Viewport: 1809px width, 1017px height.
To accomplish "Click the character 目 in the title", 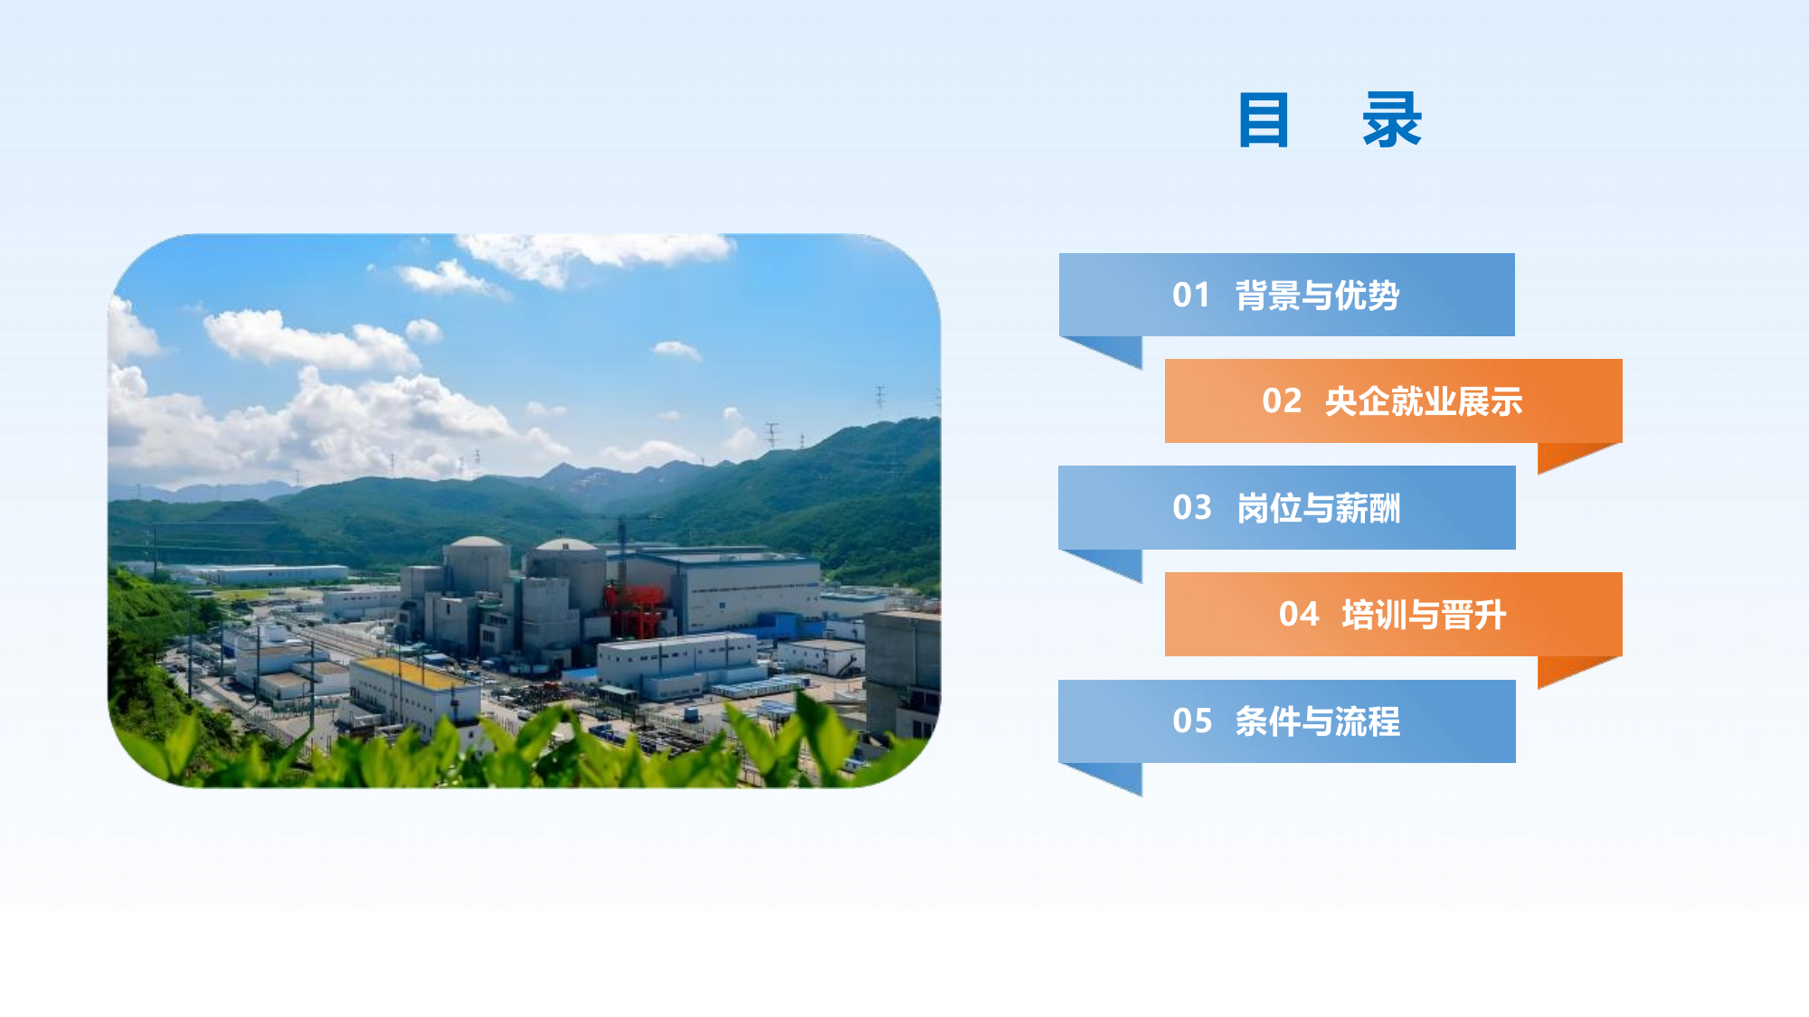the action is point(1263,119).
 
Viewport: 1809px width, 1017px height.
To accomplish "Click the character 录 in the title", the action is point(1392,119).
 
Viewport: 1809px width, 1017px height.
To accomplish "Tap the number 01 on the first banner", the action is point(1191,296).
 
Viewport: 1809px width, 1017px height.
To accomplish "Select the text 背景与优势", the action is point(1317,296).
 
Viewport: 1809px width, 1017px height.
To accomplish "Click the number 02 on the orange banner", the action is point(1282,401).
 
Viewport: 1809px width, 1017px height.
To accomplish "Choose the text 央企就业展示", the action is point(1424,401).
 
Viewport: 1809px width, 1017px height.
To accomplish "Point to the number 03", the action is point(1191,508).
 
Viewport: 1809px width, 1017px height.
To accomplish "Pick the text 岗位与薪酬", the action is point(1318,508).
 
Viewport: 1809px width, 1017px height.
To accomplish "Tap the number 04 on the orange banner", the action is point(1299,615).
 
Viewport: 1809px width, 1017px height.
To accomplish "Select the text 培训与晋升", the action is point(1424,615).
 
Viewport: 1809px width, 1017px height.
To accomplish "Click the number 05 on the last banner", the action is point(1191,721).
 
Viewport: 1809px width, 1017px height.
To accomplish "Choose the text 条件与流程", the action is point(1318,721).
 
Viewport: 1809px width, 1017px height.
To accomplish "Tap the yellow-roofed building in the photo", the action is point(414,692).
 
